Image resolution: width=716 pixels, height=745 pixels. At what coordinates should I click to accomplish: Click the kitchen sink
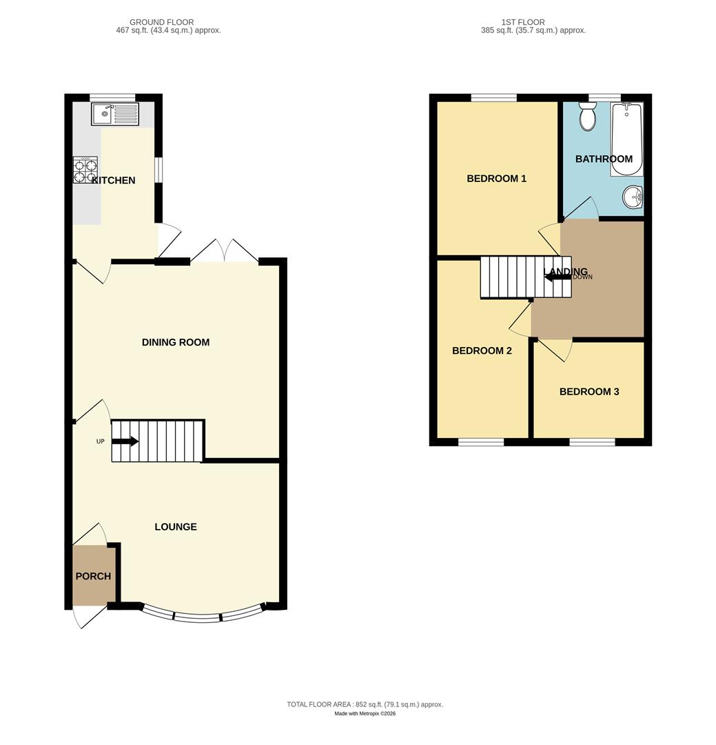pyautogui.click(x=115, y=114)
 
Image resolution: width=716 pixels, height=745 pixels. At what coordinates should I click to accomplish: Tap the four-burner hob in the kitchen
pyautogui.click(x=85, y=170)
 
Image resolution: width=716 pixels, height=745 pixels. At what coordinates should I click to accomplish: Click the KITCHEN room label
pyautogui.click(x=114, y=181)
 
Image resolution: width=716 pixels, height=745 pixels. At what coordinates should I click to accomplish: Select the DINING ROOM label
pyautogui.click(x=176, y=342)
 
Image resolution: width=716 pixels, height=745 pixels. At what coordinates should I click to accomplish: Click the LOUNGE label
pyautogui.click(x=176, y=527)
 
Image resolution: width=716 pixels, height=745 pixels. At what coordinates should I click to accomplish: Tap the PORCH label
pyautogui.click(x=93, y=577)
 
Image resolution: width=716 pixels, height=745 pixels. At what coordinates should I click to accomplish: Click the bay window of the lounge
pyautogui.click(x=203, y=615)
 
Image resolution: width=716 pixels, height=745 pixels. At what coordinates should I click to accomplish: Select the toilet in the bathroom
pyautogui.click(x=588, y=117)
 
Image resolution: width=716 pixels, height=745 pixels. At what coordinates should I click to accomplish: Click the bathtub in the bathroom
pyautogui.click(x=626, y=138)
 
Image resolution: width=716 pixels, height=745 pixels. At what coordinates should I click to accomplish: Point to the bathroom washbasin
pyautogui.click(x=633, y=198)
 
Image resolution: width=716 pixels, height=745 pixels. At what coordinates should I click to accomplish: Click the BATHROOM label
pyautogui.click(x=604, y=159)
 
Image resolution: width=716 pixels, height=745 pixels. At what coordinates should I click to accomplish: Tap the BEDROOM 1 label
pyautogui.click(x=497, y=179)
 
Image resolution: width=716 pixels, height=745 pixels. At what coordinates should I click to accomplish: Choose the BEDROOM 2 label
pyautogui.click(x=482, y=351)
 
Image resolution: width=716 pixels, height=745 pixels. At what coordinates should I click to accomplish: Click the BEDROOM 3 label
pyautogui.click(x=589, y=392)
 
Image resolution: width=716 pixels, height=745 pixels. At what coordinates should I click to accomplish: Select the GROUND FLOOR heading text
pyautogui.click(x=162, y=22)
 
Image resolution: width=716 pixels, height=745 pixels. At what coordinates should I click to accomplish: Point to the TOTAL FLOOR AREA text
pyautogui.click(x=365, y=704)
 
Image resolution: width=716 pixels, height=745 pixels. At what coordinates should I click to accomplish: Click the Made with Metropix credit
pyautogui.click(x=365, y=714)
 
